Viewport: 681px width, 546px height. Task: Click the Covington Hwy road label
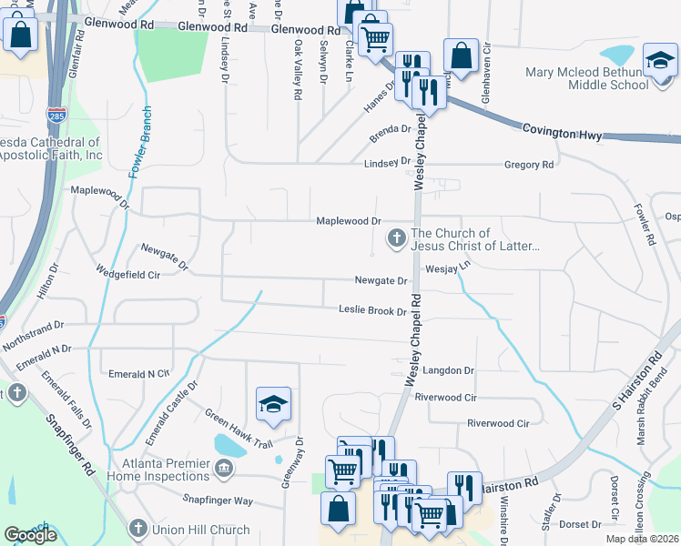[x=562, y=133]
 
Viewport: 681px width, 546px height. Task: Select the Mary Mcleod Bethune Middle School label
[x=587, y=78]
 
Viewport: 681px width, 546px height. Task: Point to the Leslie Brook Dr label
[x=372, y=311]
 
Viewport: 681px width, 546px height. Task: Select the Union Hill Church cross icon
[x=137, y=529]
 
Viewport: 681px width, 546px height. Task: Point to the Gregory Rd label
[x=528, y=165]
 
